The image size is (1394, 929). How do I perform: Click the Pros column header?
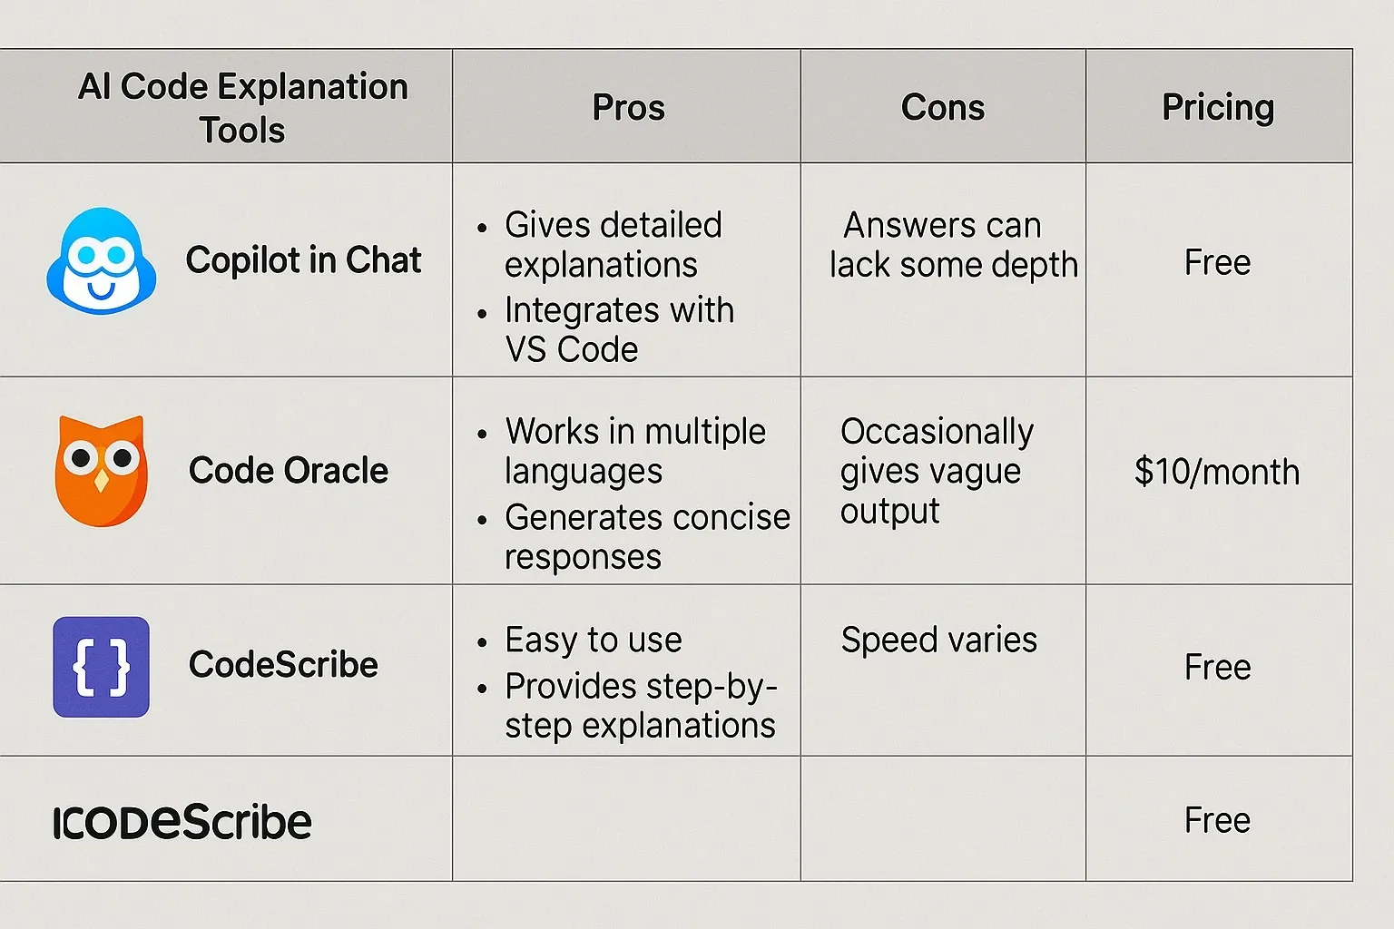pos(628,107)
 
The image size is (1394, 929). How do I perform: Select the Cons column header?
pos(942,107)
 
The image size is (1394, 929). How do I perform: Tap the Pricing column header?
pos(1218,107)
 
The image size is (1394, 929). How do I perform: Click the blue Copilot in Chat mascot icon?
pos(101,261)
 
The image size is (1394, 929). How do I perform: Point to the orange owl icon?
pos(101,471)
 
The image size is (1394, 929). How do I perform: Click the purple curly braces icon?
pos(101,667)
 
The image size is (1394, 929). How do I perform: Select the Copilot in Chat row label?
pos(303,260)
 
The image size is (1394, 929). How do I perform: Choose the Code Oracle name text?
pos(288,471)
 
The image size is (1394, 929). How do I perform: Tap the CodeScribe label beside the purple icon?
pos(283,665)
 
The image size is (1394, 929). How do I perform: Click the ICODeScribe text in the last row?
pos(182,822)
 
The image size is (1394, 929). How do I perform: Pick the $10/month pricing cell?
pos(1216,472)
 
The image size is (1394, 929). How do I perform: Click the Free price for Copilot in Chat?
pos(1217,263)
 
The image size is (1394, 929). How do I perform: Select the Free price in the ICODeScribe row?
pos(1217,820)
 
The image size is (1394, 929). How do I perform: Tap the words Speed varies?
pos(938,640)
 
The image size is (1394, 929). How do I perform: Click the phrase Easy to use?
pos(593,640)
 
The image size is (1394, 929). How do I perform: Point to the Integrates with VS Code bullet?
pos(617,329)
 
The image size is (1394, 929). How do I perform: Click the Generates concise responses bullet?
pos(646,536)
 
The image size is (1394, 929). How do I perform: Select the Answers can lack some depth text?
pos(952,245)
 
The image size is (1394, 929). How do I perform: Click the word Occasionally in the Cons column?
pos(937,432)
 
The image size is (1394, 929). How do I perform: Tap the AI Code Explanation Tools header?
pos(242,108)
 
